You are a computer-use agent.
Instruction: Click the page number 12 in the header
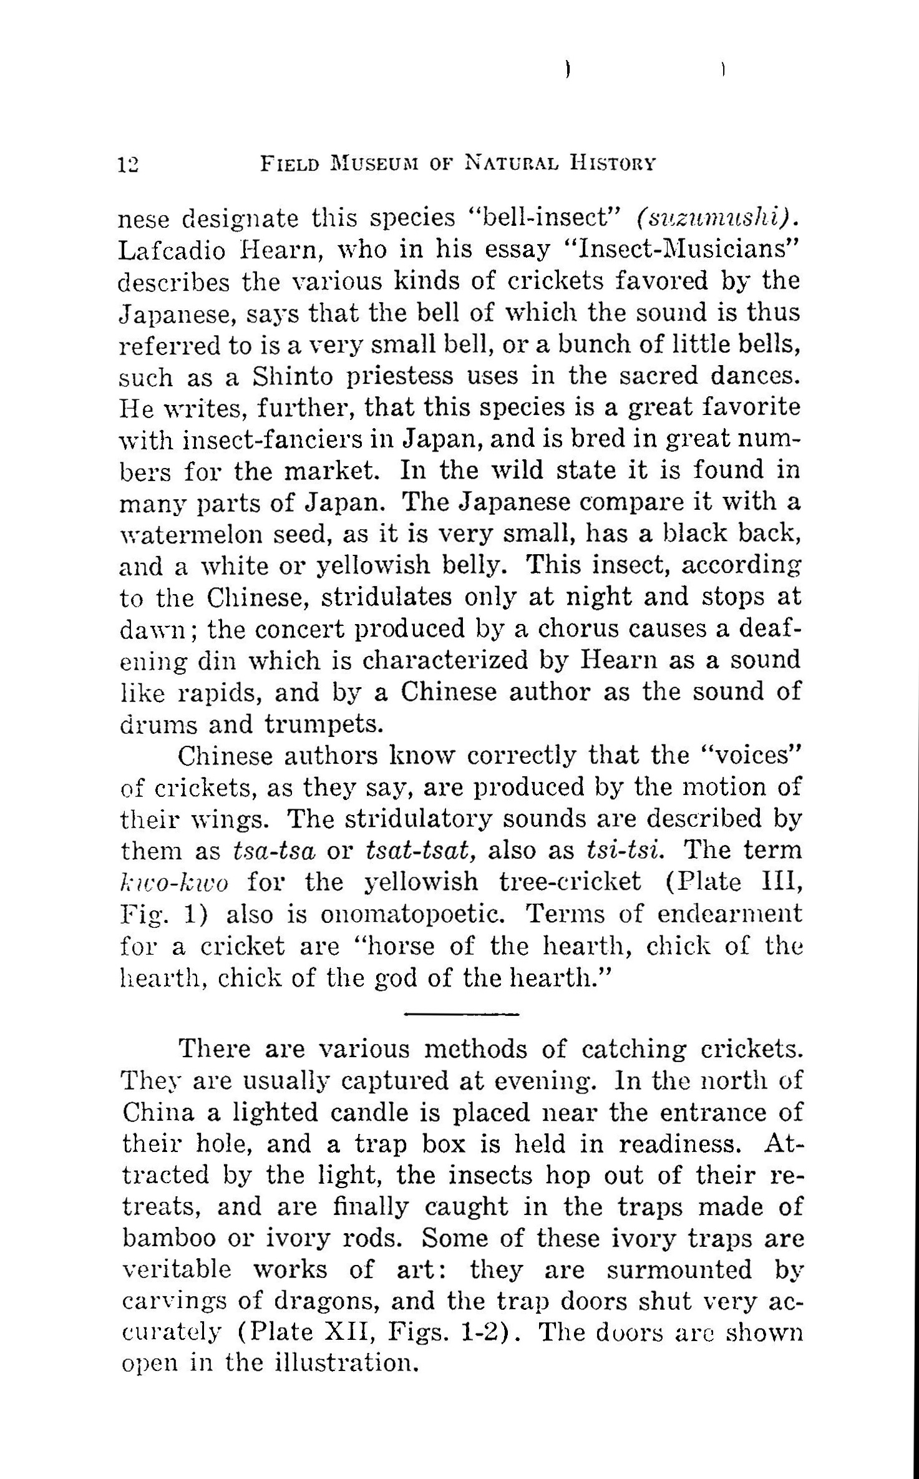pos(130,165)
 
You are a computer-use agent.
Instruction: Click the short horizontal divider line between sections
pos(461,1014)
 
